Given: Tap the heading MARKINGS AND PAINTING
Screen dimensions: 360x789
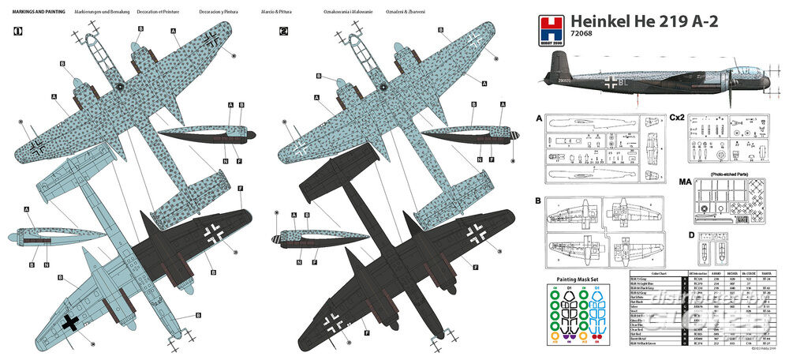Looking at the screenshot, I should point(33,13).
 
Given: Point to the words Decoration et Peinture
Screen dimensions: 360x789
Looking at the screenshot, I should point(153,13).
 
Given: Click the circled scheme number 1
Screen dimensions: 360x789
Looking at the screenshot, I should point(17,32).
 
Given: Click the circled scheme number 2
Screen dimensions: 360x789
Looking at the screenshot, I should point(284,32).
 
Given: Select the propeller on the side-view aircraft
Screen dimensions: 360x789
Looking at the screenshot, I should point(729,84).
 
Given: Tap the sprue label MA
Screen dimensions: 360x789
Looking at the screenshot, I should point(675,181).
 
